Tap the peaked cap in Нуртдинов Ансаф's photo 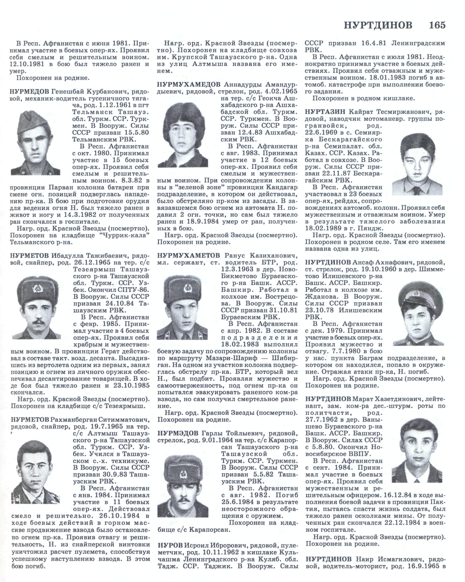[417, 296]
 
